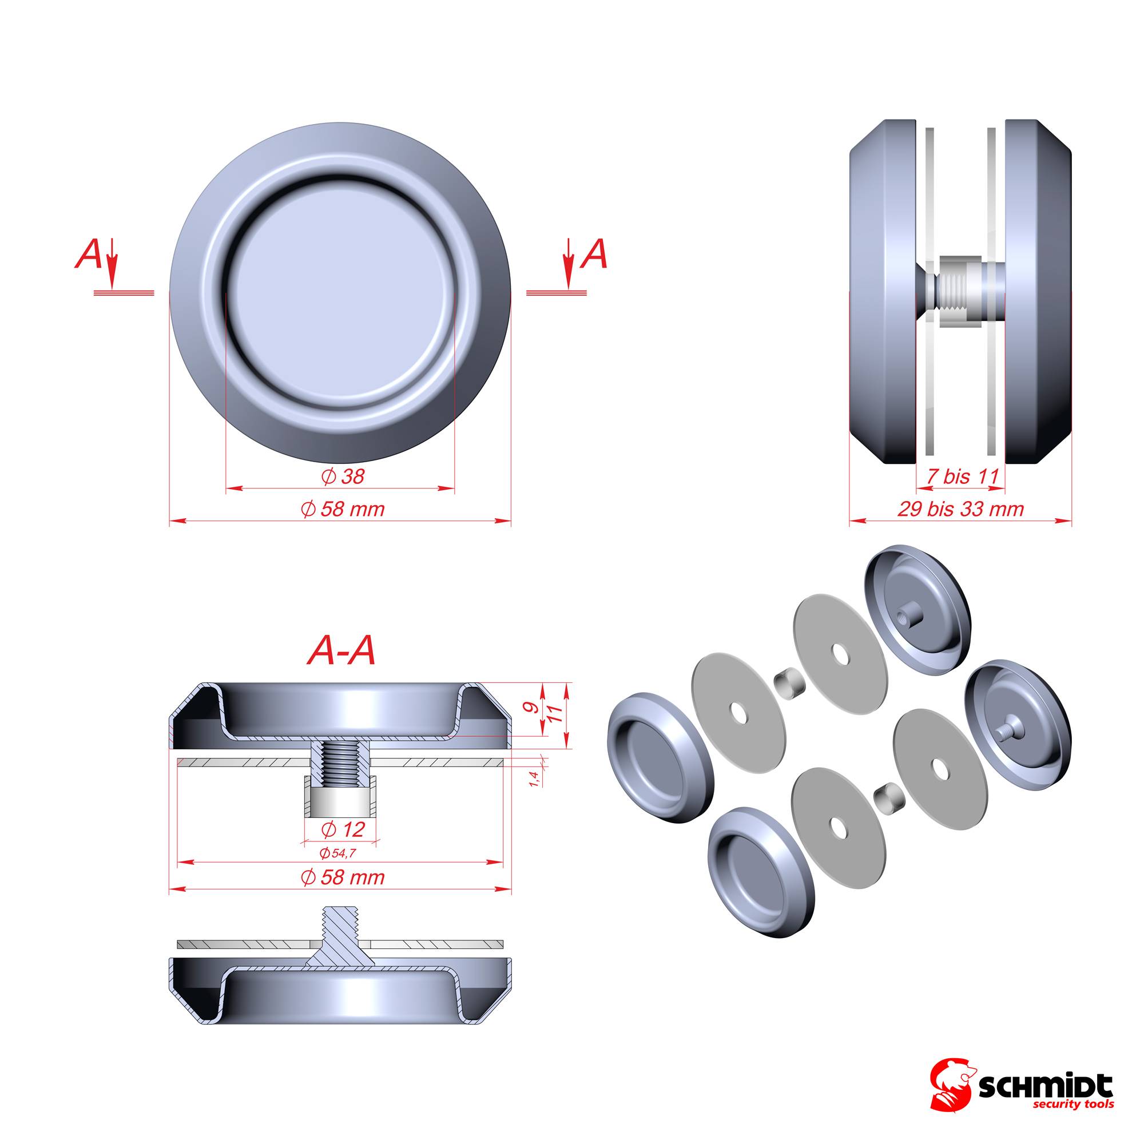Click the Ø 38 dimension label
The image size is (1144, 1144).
tap(343, 476)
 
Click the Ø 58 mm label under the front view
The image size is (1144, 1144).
tap(343, 509)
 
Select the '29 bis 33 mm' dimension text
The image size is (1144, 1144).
tap(960, 509)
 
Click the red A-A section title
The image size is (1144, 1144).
tap(341, 652)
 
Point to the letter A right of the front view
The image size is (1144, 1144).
tap(594, 255)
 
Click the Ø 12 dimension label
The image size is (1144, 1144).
tap(343, 829)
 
